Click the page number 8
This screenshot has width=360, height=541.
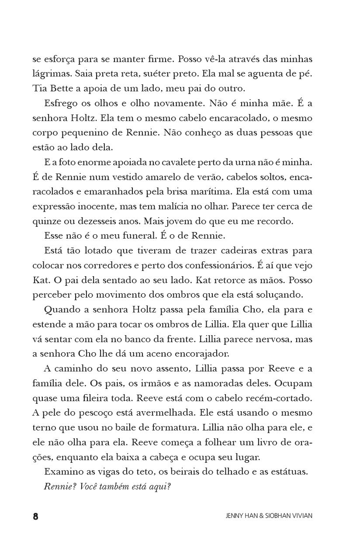pyautogui.click(x=36, y=516)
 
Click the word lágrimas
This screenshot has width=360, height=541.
pyautogui.click(x=48, y=73)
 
